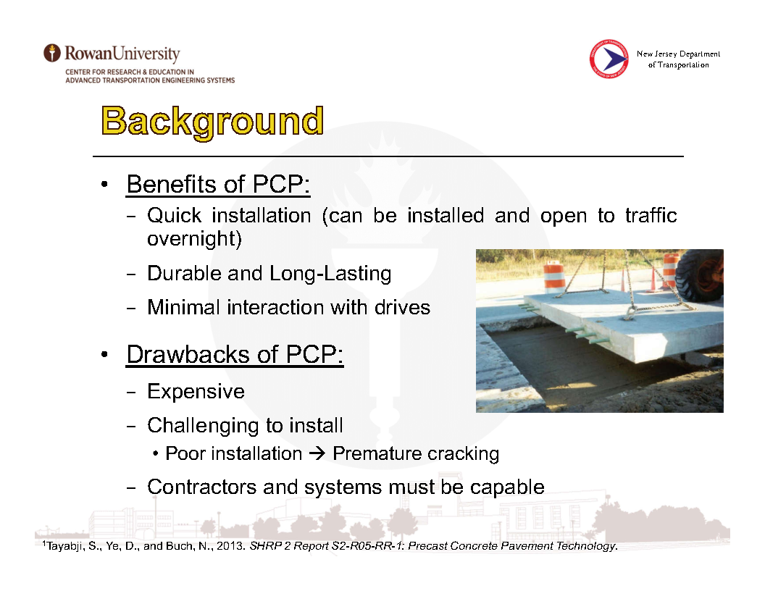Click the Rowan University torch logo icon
pos(51,53)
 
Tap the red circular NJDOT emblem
pos(609,59)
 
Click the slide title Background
pos(212,122)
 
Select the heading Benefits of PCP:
pos(218,184)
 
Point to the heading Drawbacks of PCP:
pos(235,354)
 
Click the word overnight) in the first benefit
pos(194,239)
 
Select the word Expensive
pos(196,392)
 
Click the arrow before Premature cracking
pos(317,453)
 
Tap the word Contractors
pos(201,487)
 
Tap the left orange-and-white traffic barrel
pos(553,277)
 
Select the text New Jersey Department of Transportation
pos(678,59)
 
